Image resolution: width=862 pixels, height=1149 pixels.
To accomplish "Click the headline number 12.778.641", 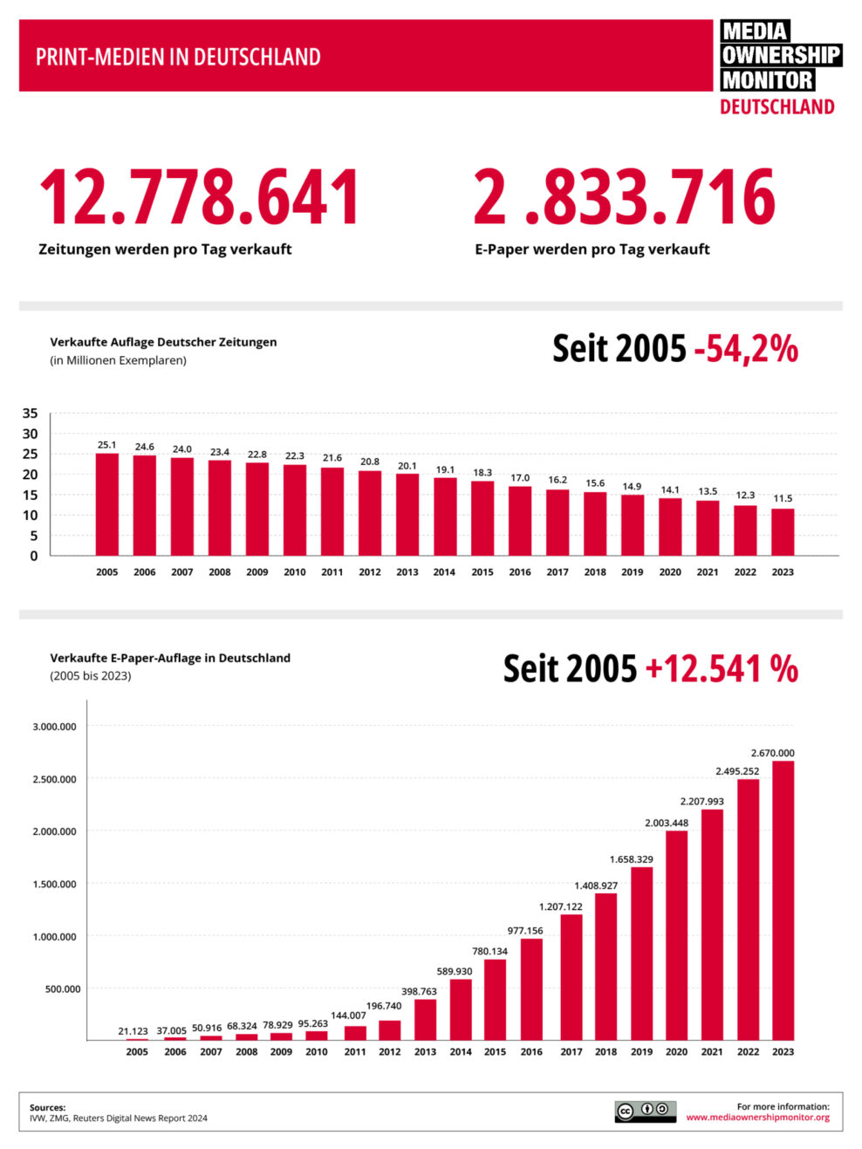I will (x=199, y=197).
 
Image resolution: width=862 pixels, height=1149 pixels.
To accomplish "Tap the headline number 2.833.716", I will (x=624, y=197).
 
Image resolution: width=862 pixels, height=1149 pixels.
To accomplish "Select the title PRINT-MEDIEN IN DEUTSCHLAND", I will (x=178, y=58).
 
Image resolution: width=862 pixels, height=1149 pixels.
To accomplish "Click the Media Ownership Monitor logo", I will (x=779, y=68).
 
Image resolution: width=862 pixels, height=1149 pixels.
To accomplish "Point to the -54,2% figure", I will (x=746, y=348).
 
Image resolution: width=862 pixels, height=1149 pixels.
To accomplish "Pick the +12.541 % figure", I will (x=721, y=668).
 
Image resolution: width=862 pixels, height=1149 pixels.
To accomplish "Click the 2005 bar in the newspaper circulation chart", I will (x=107, y=504).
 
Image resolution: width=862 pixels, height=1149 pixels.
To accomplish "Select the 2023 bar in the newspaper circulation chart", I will (x=783, y=531).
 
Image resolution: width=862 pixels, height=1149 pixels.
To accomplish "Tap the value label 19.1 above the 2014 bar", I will (x=445, y=469).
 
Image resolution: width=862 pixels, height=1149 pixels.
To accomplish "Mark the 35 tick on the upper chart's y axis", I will (x=31, y=414).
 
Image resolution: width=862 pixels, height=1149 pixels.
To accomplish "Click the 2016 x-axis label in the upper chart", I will (x=520, y=572).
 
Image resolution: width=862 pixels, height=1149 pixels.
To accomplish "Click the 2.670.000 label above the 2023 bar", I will (x=772, y=753).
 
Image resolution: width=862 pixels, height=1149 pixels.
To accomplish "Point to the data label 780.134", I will (x=489, y=951).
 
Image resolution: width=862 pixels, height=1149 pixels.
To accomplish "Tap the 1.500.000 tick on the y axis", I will (x=54, y=884).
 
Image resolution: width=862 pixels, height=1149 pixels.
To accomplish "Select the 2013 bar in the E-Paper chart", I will (x=425, y=1019).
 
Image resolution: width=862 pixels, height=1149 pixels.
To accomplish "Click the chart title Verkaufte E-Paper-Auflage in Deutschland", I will (x=170, y=658).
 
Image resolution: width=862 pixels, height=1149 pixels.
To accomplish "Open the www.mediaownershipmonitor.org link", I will (x=757, y=1118).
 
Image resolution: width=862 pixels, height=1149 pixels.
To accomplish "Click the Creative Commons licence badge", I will (x=645, y=1111).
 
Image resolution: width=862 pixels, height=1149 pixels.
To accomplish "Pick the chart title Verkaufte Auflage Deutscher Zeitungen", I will (x=163, y=342).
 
